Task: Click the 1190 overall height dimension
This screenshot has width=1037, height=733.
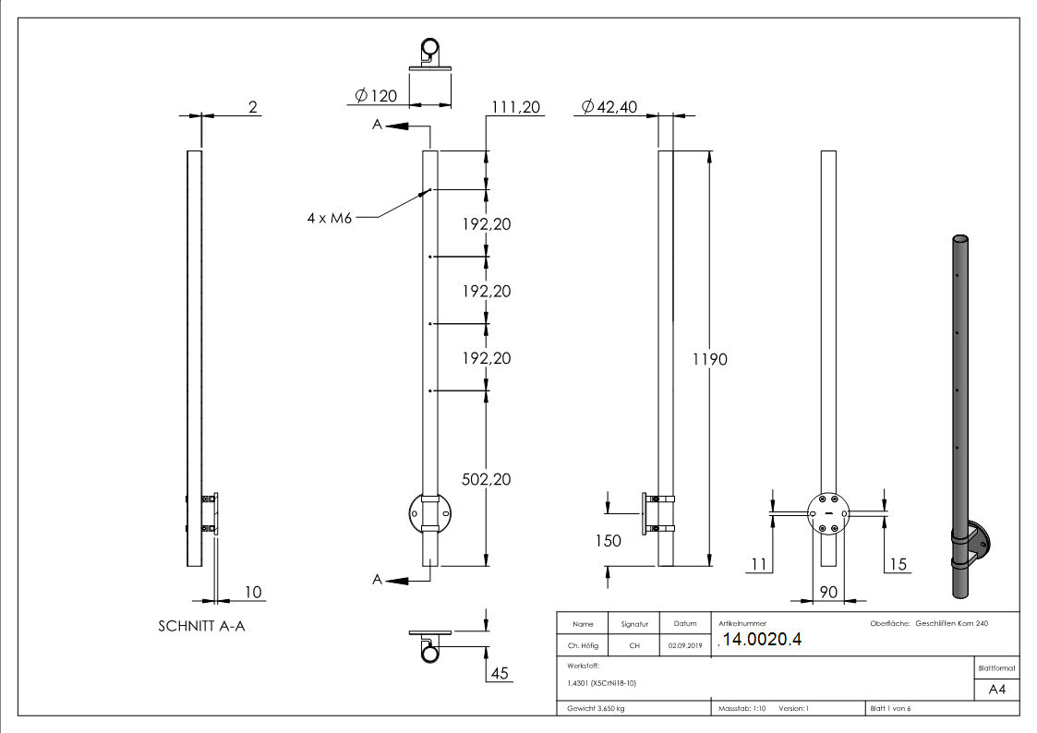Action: click(710, 359)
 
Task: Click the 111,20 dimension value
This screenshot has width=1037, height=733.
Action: click(515, 108)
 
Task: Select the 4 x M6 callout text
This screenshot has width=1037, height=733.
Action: click(330, 218)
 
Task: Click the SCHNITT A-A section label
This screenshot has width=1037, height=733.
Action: click(201, 625)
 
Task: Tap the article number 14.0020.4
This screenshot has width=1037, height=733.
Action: click(762, 641)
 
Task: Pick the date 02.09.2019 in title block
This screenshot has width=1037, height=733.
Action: click(684, 646)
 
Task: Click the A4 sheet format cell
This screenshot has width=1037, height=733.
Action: click(997, 689)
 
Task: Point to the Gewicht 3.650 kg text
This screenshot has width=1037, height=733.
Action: click(596, 708)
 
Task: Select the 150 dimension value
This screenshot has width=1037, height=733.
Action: click(609, 540)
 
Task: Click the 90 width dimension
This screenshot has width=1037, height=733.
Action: click(828, 592)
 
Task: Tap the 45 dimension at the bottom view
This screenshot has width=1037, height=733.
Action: click(500, 673)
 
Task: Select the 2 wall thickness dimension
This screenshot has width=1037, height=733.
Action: click(252, 108)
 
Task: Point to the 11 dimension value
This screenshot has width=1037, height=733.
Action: click(758, 563)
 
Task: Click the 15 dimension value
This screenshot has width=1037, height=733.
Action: click(898, 563)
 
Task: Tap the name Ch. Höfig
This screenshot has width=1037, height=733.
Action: click(583, 646)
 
